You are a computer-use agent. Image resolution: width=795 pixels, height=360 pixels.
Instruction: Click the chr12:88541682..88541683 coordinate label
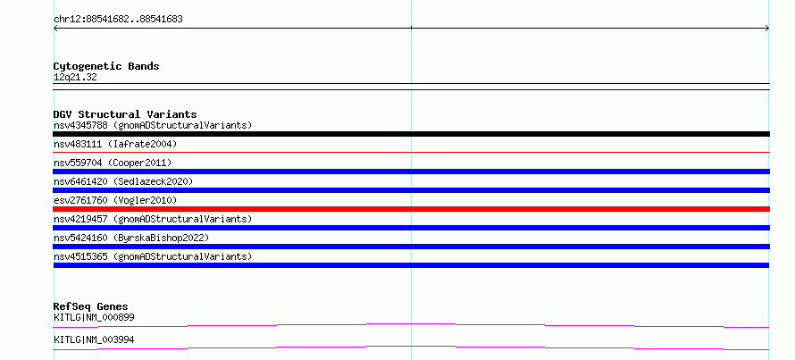[118, 20]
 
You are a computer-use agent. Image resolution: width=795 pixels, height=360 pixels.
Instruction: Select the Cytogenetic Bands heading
[106, 66]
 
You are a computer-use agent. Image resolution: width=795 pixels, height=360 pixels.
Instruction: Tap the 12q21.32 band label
[75, 78]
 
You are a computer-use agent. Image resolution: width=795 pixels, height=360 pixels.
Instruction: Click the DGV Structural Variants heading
[125, 114]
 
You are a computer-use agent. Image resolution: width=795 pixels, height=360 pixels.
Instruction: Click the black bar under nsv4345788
[411, 134]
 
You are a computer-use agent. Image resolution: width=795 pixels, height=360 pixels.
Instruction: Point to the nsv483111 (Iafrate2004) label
[115, 145]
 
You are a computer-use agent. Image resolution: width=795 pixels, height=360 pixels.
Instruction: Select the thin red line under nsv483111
[411, 152]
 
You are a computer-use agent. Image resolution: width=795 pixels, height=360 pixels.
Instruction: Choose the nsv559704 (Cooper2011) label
[113, 163]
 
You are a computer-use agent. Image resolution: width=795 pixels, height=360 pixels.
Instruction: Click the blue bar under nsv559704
[411, 172]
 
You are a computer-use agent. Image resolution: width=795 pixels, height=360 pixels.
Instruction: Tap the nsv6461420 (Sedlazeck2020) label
[123, 181]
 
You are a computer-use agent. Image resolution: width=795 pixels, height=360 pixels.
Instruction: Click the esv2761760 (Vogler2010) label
[115, 200]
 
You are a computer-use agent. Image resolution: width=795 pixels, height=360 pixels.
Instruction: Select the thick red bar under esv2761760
[411, 209]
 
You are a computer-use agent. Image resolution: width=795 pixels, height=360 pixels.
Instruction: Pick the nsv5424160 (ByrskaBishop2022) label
[131, 238]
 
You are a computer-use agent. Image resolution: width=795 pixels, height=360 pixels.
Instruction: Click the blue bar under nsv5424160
[411, 247]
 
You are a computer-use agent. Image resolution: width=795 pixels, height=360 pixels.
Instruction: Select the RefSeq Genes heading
[91, 306]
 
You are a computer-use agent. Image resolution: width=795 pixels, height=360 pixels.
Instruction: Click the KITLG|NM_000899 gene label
[94, 317]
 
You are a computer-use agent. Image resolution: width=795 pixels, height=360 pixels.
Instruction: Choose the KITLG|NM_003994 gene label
[94, 339]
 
